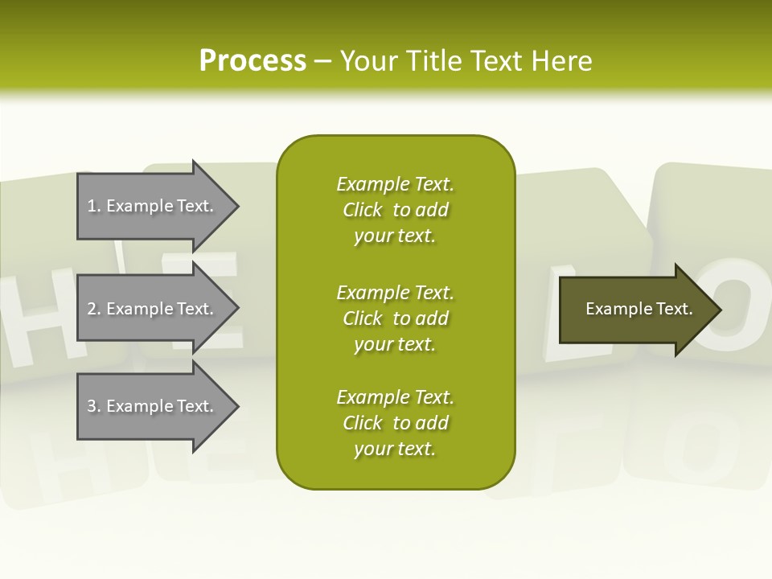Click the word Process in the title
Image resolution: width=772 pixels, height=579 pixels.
(253, 61)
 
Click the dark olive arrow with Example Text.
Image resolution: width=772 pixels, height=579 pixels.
(635, 309)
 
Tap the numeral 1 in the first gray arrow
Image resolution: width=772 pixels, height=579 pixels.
(92, 206)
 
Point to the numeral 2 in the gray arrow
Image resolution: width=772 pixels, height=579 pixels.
(92, 309)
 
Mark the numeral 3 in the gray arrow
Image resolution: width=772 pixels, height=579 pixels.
(92, 406)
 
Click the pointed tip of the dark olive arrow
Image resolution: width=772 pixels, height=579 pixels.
(717, 310)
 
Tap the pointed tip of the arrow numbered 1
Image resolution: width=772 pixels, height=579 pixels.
(235, 206)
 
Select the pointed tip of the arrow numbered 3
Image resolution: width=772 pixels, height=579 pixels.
(235, 406)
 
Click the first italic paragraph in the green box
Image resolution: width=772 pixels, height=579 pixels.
(395, 210)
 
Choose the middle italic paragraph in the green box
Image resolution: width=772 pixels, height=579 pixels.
(395, 318)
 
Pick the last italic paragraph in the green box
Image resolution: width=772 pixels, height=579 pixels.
(395, 423)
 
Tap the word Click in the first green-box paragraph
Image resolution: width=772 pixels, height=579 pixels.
(362, 210)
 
